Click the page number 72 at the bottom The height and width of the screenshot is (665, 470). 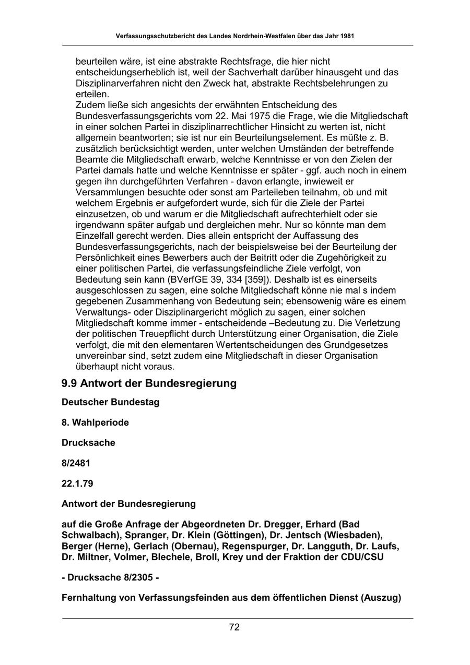tap(234, 627)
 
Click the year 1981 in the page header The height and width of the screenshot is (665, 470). tap(347, 37)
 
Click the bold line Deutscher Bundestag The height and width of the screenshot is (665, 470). tap(110, 402)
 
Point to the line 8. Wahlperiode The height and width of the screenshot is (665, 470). tap(95, 423)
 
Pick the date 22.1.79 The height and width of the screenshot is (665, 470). tap(77, 484)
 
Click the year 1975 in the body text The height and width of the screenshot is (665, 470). tap(241, 116)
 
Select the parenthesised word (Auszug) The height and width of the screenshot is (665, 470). tap(381, 598)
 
